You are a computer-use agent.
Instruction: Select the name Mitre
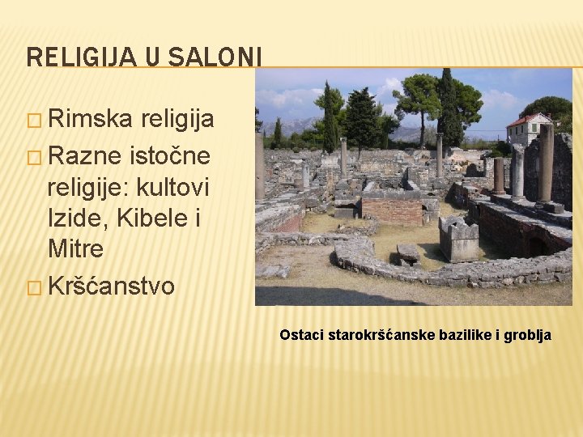tap(76, 248)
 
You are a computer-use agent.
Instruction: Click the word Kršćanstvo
tap(112, 286)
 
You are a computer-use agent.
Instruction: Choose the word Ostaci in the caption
tap(302, 334)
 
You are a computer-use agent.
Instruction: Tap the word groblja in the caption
tap(527, 334)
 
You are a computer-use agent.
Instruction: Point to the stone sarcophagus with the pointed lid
tap(459, 239)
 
